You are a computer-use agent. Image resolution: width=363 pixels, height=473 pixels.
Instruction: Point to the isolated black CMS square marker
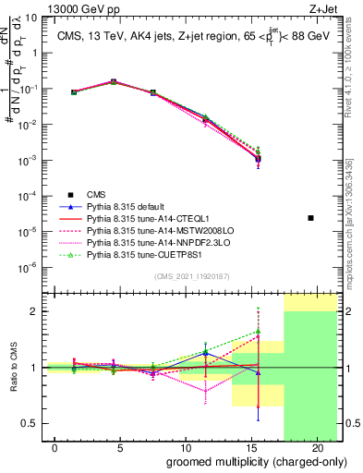[311, 218]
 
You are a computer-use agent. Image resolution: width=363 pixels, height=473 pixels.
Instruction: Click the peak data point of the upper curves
[114, 81]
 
